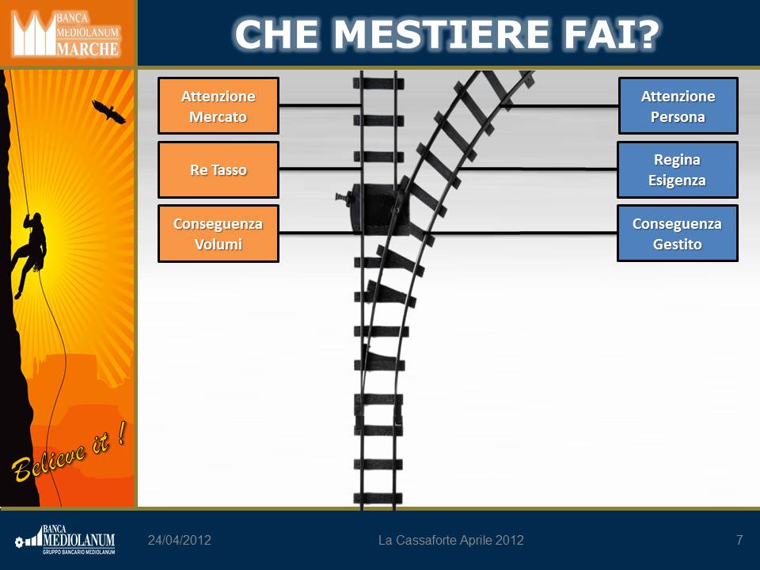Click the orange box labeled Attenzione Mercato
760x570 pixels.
tap(218, 105)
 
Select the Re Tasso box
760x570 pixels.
tap(218, 169)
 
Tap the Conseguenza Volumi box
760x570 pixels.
tap(218, 234)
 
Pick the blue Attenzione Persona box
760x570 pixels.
tap(678, 105)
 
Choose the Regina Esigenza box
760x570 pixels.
tap(677, 169)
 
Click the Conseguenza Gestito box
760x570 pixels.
tap(677, 234)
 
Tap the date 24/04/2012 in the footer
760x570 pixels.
tap(180, 540)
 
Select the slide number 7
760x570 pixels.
tap(739, 540)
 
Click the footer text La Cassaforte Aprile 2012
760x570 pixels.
tap(450, 540)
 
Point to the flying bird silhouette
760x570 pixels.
tap(108, 112)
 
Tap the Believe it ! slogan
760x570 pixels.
tap(69, 453)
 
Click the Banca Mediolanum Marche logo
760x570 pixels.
tap(66, 34)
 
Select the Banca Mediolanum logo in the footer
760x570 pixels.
tap(65, 539)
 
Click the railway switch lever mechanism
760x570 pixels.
tap(373, 209)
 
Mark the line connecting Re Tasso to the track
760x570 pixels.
tap(320, 168)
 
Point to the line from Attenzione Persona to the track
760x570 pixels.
tap(560, 104)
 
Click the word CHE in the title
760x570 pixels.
tap(277, 34)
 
